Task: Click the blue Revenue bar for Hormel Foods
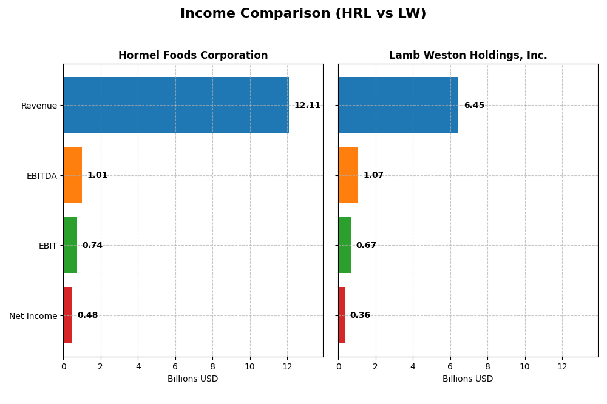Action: coord(176,105)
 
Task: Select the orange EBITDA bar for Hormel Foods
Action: coord(72,175)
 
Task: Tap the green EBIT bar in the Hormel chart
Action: coord(70,245)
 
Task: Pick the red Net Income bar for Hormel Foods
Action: coord(67,315)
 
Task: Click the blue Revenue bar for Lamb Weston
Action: coord(398,105)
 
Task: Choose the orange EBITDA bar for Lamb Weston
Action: coord(348,175)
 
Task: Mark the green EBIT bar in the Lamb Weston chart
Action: coord(344,245)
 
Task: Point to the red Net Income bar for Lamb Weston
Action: coord(341,315)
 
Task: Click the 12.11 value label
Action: coord(307,106)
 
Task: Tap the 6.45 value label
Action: coord(474,106)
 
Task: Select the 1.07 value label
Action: coord(373,175)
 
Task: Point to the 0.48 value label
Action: coord(87,315)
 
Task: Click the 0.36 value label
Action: coord(360,315)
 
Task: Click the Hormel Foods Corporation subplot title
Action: coord(193,56)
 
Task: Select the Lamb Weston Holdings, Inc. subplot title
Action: coord(468,56)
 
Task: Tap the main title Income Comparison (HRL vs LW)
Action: coord(303,14)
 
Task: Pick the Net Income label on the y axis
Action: coord(33,316)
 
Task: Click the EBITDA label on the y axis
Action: coord(41,176)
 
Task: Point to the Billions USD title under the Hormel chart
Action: coord(192,379)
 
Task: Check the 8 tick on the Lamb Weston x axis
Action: coord(487,366)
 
